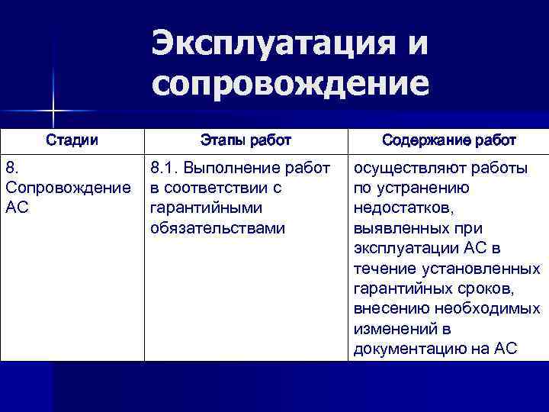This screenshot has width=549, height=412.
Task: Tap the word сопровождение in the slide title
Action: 290,83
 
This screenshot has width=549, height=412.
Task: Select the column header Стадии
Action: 72,140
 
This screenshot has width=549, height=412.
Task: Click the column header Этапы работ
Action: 246,140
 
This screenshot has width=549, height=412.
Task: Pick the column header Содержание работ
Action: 449,140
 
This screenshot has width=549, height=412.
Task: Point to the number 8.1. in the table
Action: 165,168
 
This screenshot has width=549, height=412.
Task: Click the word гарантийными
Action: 206,208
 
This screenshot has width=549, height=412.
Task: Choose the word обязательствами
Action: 217,227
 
